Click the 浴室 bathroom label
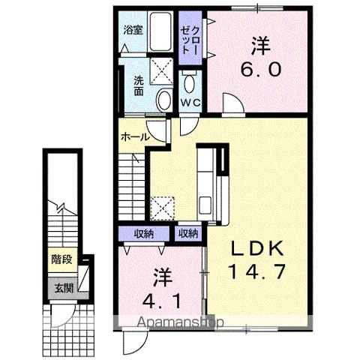[x=133, y=32]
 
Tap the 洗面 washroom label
[x=139, y=85]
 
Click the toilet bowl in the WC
[x=189, y=81]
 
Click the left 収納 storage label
[x=144, y=233]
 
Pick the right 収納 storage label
[x=188, y=233]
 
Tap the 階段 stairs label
[x=62, y=260]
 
